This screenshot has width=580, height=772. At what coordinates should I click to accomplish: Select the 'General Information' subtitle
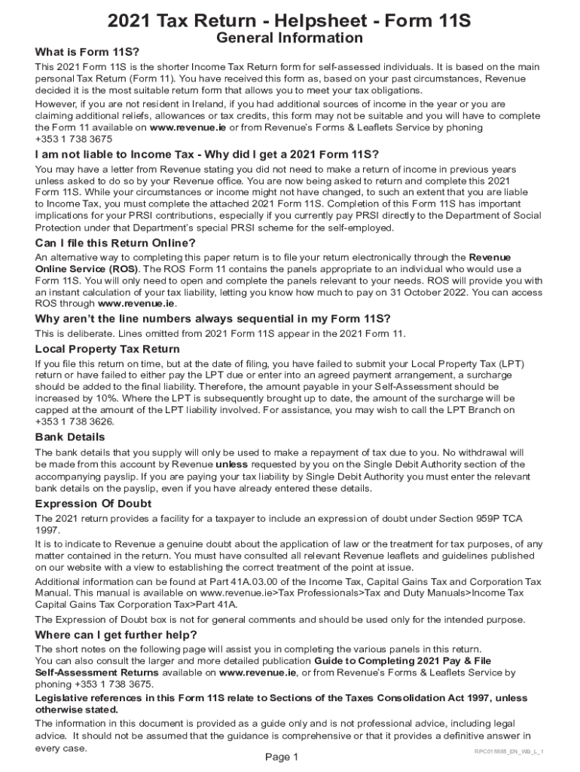[x=289, y=38]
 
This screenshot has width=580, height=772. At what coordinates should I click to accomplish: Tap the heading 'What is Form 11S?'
[x=87, y=53]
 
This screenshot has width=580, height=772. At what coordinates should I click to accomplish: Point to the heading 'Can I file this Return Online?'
[x=115, y=243]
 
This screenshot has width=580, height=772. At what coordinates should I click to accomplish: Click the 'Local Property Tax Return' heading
[x=107, y=349]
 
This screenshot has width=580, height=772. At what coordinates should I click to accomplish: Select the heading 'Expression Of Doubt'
[x=93, y=504]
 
